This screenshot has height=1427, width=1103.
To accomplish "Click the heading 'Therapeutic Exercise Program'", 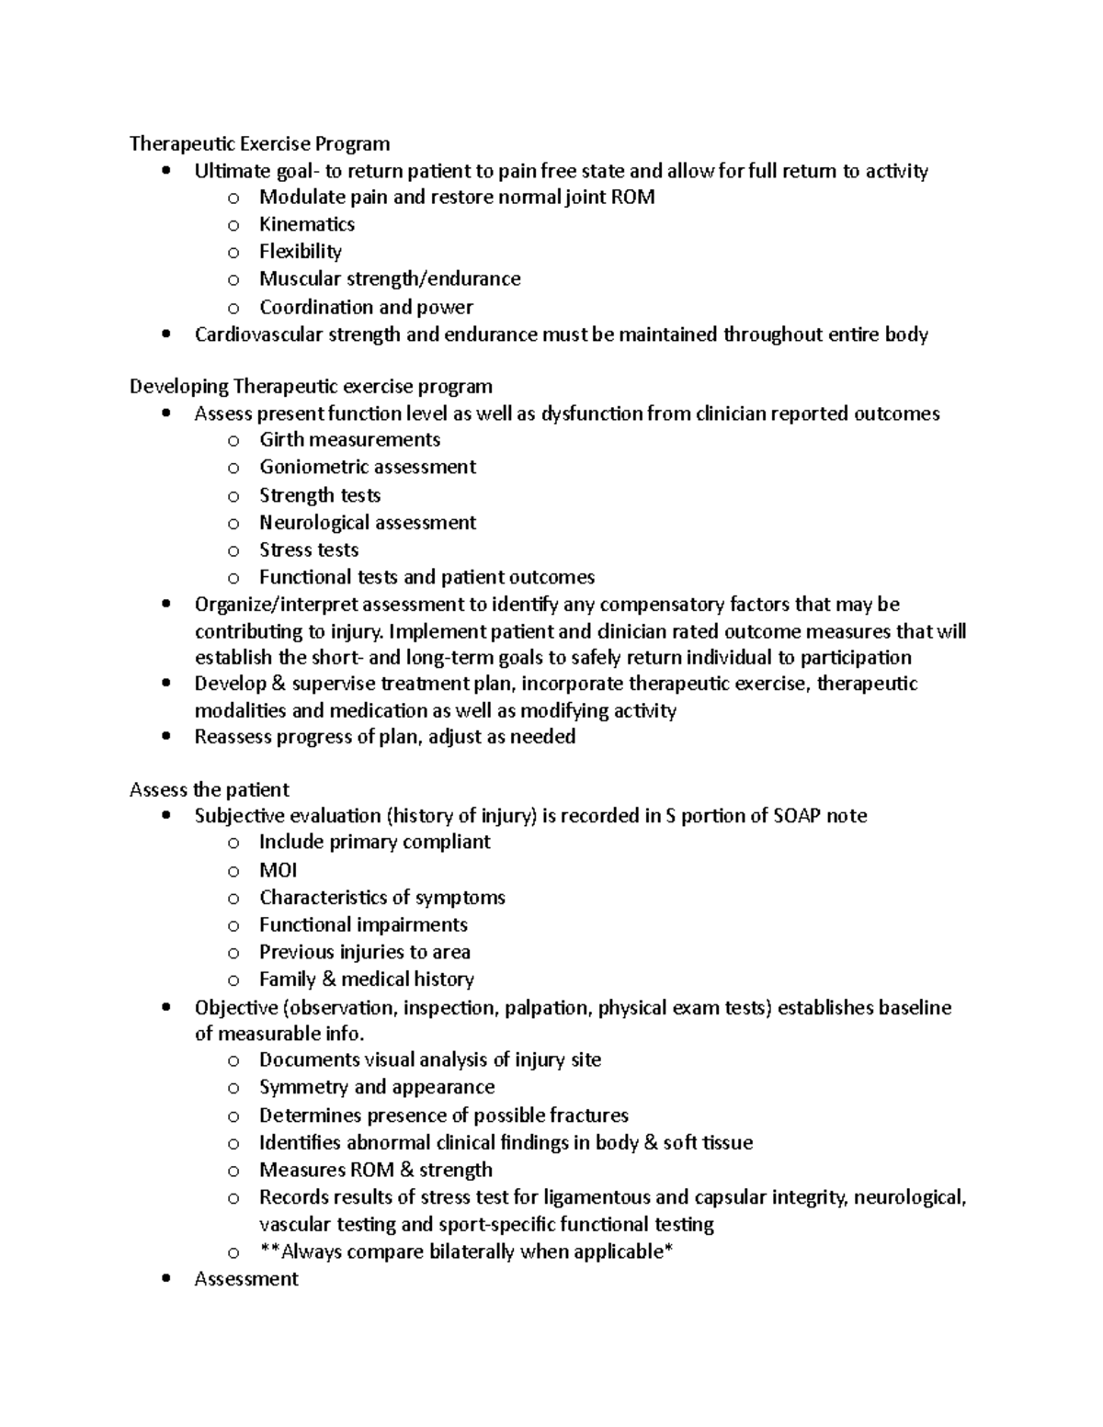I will [259, 143].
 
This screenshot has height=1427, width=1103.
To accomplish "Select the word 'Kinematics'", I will [306, 224].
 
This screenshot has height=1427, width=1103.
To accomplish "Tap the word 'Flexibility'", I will [300, 252].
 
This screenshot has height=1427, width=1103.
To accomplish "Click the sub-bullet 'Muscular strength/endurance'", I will [390, 278].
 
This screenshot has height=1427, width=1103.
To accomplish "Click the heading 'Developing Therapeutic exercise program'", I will [311, 386].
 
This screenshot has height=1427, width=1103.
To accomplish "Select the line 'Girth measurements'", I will [349, 440].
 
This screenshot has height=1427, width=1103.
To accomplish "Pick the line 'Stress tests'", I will [309, 550].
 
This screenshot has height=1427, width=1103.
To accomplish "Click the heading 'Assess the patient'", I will [209, 790].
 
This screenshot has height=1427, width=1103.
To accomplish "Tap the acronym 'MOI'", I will [278, 870].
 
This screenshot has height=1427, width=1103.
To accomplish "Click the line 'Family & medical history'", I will [366, 980].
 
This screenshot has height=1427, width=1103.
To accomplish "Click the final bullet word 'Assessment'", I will [246, 1279].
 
